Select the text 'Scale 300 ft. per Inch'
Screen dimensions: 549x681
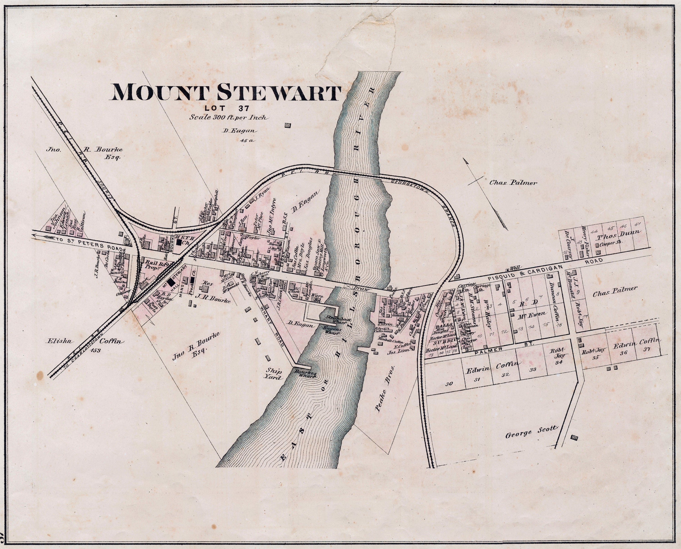(x=229, y=117)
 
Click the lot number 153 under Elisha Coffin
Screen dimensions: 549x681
(x=95, y=350)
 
